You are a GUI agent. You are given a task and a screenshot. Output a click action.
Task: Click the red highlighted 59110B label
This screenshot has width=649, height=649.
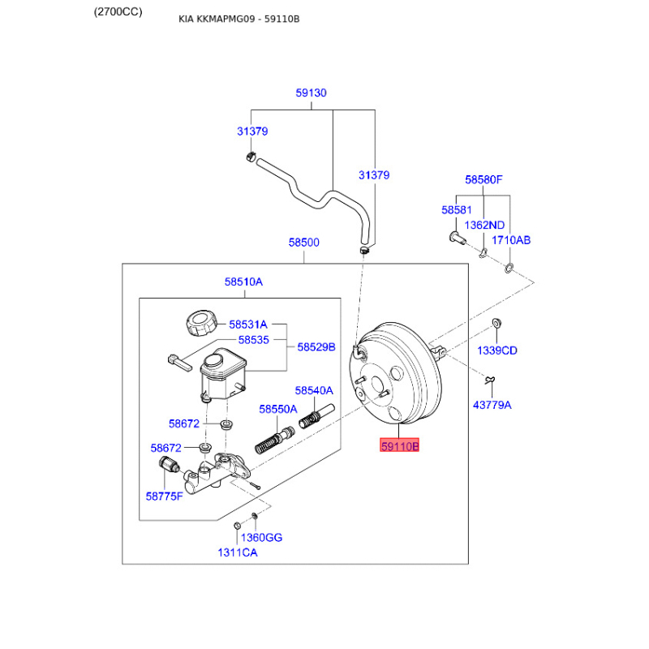tap(401, 445)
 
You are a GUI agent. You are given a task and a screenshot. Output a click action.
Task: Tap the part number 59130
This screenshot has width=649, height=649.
tap(311, 93)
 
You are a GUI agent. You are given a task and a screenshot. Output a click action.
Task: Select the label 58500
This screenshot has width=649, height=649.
tap(303, 243)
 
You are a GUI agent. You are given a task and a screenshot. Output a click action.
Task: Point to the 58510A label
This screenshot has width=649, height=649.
tap(243, 282)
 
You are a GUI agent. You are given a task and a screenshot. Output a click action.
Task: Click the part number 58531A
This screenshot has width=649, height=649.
tap(247, 324)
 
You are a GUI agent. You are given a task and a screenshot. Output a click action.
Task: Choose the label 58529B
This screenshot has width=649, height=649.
tap(316, 346)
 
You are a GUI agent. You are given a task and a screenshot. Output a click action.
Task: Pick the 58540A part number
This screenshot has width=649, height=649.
tap(314, 390)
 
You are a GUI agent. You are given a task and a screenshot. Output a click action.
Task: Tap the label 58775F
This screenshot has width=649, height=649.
tap(164, 495)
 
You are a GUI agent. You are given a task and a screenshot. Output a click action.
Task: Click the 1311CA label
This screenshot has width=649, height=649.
tap(237, 552)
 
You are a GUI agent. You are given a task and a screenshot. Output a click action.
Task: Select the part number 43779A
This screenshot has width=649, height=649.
tap(492, 405)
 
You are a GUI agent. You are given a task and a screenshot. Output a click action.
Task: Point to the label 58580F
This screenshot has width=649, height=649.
tap(484, 179)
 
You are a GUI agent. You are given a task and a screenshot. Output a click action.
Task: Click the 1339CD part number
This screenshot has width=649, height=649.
tap(497, 350)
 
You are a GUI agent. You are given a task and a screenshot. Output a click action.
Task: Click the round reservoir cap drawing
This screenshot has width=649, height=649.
tap(199, 324)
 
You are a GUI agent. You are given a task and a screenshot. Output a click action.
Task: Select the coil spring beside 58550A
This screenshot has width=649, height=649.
tap(268, 442)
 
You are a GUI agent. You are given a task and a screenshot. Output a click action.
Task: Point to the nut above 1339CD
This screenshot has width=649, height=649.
tap(496, 324)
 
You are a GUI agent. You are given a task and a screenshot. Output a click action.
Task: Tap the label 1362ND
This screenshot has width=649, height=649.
tap(485, 225)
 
